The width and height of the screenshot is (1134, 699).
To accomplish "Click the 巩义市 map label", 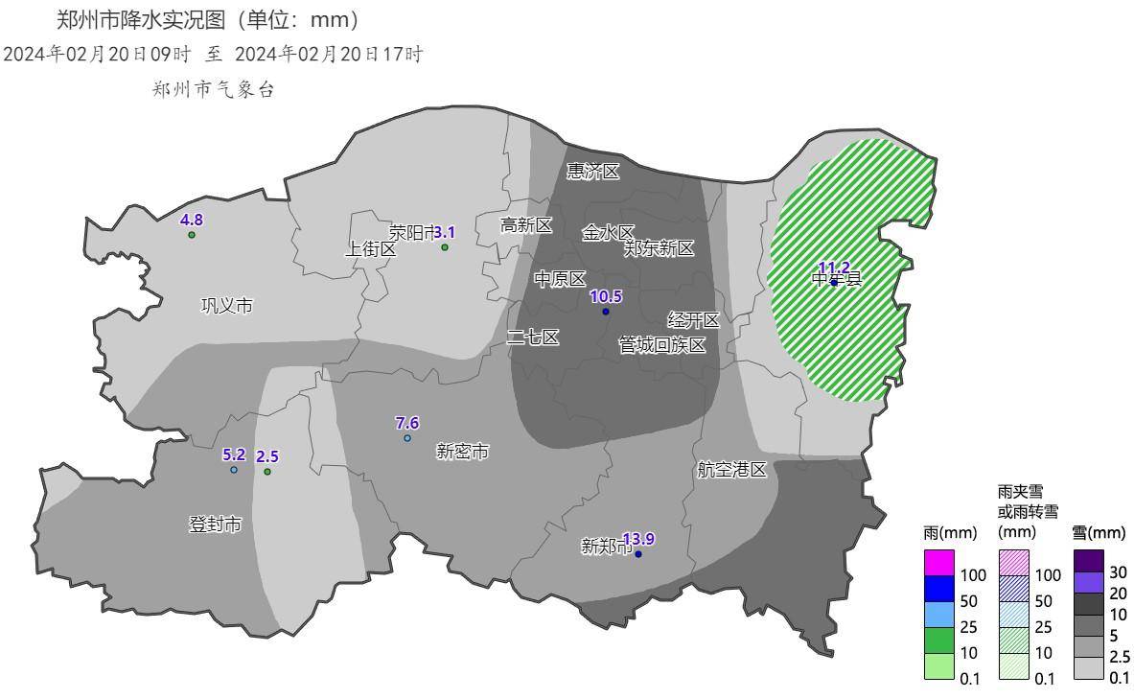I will (x=227, y=306).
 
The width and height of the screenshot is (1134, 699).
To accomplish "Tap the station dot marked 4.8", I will (x=192, y=235).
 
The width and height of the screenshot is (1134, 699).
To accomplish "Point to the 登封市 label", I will (x=215, y=524).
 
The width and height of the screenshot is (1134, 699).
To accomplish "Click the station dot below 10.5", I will (x=606, y=312).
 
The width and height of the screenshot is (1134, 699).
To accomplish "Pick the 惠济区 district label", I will (x=593, y=172).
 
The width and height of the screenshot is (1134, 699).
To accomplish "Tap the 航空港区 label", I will (x=732, y=470).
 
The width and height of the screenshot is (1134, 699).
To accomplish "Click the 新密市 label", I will (x=462, y=451).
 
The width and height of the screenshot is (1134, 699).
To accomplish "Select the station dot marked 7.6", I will (x=407, y=438).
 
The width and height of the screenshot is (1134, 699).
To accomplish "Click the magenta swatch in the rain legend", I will (x=939, y=563).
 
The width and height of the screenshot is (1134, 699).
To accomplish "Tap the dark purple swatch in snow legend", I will (x=1088, y=560).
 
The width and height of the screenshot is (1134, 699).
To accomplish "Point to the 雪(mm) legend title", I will (x=1099, y=533).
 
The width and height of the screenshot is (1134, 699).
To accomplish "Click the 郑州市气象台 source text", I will (x=214, y=89).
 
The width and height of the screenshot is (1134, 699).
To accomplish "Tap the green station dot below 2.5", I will (x=267, y=472).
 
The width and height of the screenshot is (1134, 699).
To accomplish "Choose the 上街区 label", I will (x=371, y=249).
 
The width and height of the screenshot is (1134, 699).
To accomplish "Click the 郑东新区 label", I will (x=659, y=249).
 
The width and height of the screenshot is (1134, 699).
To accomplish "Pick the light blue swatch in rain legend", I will (x=939, y=615).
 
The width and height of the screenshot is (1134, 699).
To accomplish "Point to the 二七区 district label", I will (x=533, y=338).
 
